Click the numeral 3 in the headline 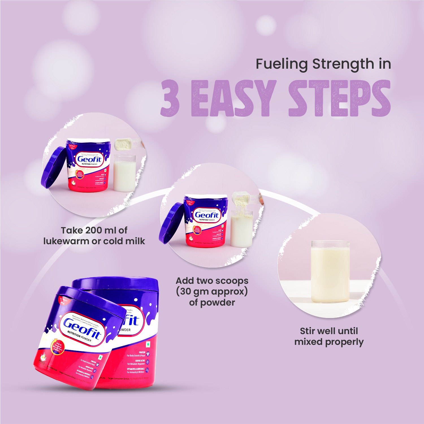coord(170,98)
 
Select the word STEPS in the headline coord(339,98)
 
